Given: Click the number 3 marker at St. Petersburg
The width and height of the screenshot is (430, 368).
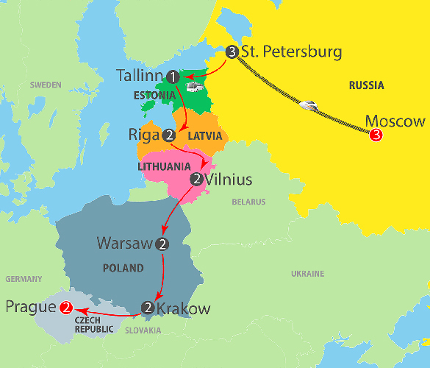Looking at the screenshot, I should point(232,52).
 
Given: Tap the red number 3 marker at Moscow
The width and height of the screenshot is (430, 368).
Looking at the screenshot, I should point(376,135).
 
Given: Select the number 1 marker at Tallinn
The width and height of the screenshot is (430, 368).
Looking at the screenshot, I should point(173,76).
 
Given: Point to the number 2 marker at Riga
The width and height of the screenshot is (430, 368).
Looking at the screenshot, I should point(169,135).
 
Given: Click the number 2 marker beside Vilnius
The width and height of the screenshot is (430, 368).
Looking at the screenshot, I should point(196,179).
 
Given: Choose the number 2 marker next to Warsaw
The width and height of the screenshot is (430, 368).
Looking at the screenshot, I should point(163,243).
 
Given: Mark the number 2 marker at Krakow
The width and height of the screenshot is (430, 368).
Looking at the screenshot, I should point(148,308).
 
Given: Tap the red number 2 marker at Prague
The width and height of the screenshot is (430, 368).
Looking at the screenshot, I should point(66,308).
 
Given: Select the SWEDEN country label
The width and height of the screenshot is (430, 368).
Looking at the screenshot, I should point(46,85).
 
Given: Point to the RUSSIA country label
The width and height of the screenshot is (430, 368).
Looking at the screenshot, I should point(366,85).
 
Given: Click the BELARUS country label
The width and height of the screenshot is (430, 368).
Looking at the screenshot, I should point(248,201).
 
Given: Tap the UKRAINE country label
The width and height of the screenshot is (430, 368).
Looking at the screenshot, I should point(307,274).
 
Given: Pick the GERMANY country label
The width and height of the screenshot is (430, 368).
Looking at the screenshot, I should point(24,280).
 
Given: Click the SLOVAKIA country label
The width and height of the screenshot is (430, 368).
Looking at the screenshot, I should point(143,330).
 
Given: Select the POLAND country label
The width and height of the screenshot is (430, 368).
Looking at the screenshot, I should point(123,268).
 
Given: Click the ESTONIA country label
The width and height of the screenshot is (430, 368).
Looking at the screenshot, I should point(154,96).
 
